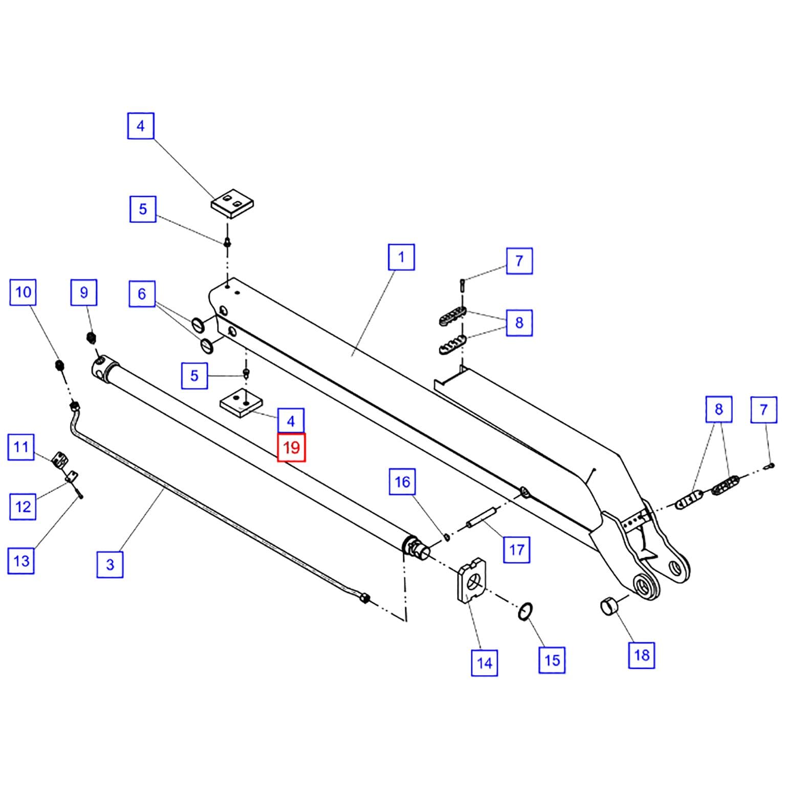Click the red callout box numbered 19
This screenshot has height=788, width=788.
291,447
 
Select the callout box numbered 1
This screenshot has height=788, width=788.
401,257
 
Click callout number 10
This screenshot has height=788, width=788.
23,292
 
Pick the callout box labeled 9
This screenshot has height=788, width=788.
84,292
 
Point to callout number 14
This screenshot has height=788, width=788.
484,663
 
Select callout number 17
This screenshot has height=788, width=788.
517,550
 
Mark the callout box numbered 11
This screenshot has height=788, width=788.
21,447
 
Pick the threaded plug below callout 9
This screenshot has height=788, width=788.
92,337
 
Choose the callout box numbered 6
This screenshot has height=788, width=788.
142,294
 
